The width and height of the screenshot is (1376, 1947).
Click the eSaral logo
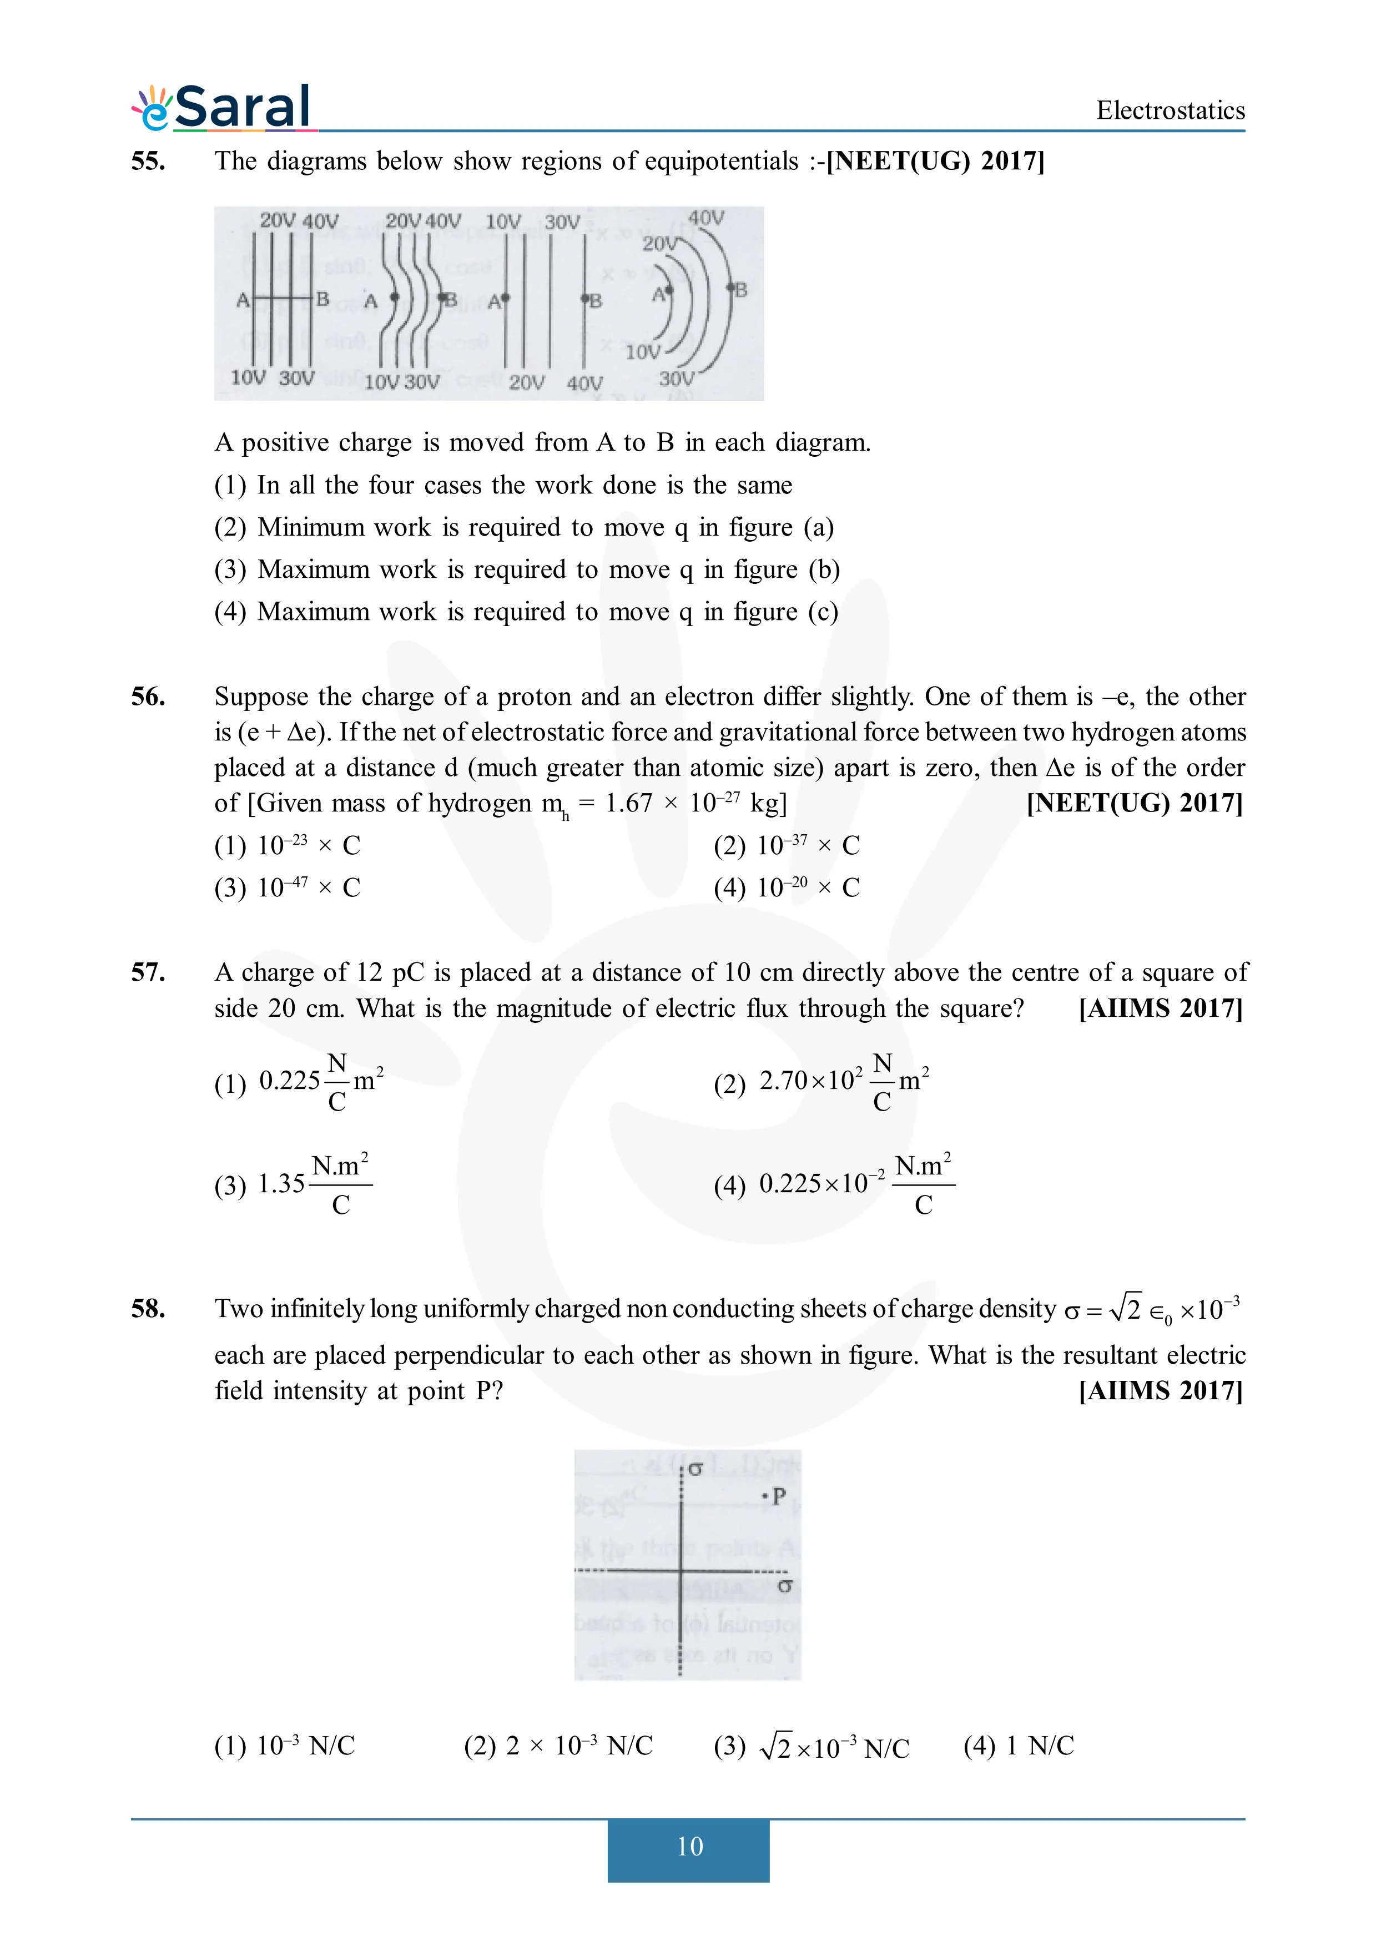(x=222, y=108)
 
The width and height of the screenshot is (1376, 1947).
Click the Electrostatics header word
(x=1170, y=110)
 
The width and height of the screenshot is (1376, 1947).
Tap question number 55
(x=148, y=161)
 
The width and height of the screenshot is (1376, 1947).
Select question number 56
(x=148, y=697)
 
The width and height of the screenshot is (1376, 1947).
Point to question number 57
(x=148, y=972)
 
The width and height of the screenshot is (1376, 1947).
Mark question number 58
(x=148, y=1309)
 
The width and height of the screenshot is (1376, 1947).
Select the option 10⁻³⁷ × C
(x=787, y=845)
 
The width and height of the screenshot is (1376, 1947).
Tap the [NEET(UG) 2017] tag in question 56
(x=1135, y=803)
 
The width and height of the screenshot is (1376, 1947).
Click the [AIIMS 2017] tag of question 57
(x=1160, y=1008)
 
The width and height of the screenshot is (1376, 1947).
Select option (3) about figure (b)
(x=527, y=570)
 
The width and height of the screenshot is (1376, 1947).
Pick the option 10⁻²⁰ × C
(x=787, y=888)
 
